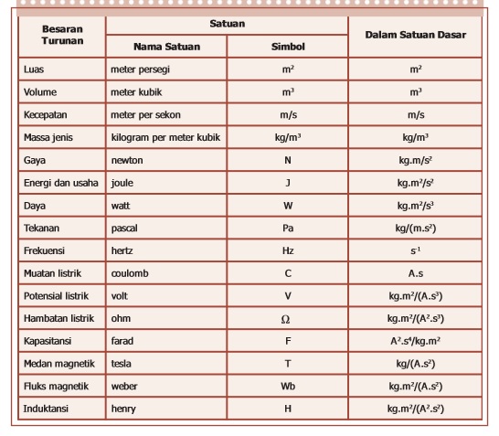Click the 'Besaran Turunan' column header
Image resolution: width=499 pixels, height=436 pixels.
[x=61, y=35]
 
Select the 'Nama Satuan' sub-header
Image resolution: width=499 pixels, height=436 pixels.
[x=166, y=46]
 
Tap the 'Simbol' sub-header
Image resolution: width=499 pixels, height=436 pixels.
[x=288, y=46]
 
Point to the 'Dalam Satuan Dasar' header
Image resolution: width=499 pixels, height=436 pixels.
[x=415, y=35]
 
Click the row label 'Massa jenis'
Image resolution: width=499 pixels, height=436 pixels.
[x=49, y=138]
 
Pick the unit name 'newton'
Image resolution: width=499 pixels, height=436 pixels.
[x=127, y=160]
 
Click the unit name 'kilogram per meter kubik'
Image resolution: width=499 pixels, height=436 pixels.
[x=165, y=138]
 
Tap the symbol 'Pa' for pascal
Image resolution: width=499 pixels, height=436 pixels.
[x=288, y=228]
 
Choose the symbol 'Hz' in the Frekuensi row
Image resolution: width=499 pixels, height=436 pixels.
[x=288, y=250]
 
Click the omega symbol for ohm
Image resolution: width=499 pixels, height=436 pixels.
[x=287, y=319]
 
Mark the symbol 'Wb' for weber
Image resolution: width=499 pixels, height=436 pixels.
[x=288, y=387]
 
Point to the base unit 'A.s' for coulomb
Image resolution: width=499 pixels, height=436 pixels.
[x=415, y=273]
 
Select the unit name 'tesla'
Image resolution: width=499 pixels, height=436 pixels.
[x=123, y=364]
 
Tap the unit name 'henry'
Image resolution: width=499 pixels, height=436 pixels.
[x=123, y=409]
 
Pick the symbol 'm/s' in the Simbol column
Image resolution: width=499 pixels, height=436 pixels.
[x=288, y=115]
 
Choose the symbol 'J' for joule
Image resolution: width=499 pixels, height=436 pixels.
[x=288, y=183]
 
